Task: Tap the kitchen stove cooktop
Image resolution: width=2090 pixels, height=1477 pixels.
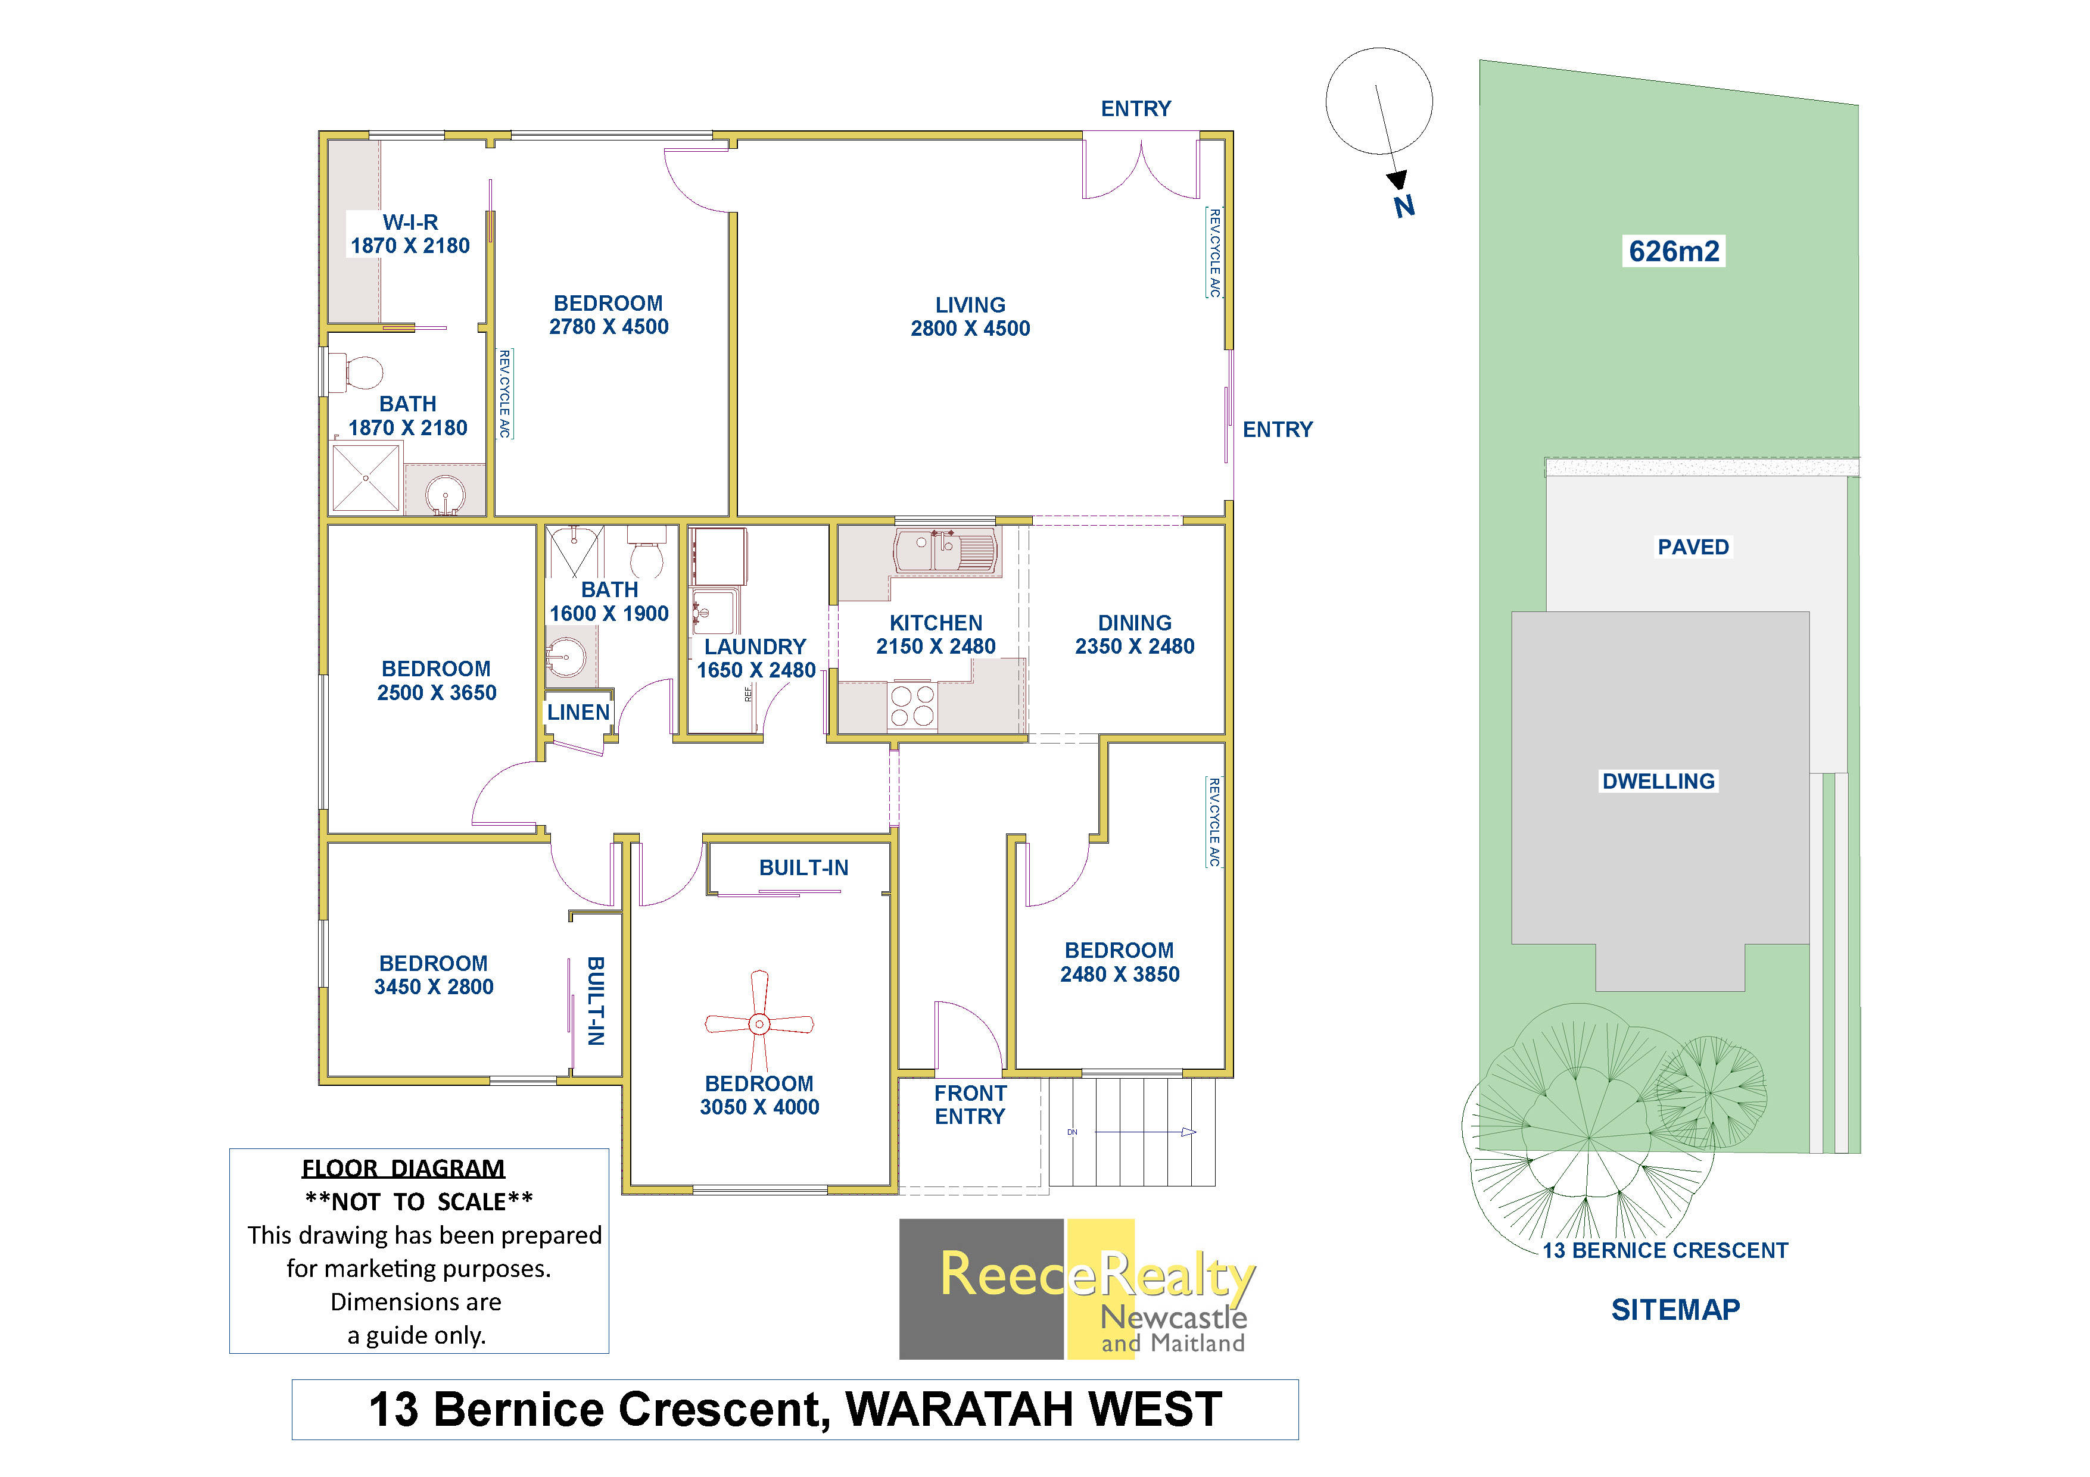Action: click(x=911, y=706)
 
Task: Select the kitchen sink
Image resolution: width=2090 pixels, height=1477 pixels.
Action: click(x=946, y=551)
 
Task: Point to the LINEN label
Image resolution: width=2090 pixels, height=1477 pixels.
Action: click(x=578, y=713)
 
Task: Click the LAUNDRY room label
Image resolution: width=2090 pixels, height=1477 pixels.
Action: click(x=755, y=647)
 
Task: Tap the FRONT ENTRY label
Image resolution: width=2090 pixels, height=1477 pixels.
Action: click(x=970, y=1105)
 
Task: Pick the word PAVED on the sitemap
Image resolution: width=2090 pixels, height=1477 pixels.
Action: click(x=1692, y=547)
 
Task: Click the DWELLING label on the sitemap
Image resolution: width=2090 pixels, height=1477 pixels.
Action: click(x=1658, y=781)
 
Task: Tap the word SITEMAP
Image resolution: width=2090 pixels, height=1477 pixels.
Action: click(x=1675, y=1310)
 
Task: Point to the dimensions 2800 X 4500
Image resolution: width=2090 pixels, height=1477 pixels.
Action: click(x=970, y=329)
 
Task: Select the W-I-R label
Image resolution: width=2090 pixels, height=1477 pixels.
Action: click(x=410, y=222)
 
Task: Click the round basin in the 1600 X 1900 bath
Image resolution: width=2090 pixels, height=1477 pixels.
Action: click(x=565, y=655)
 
